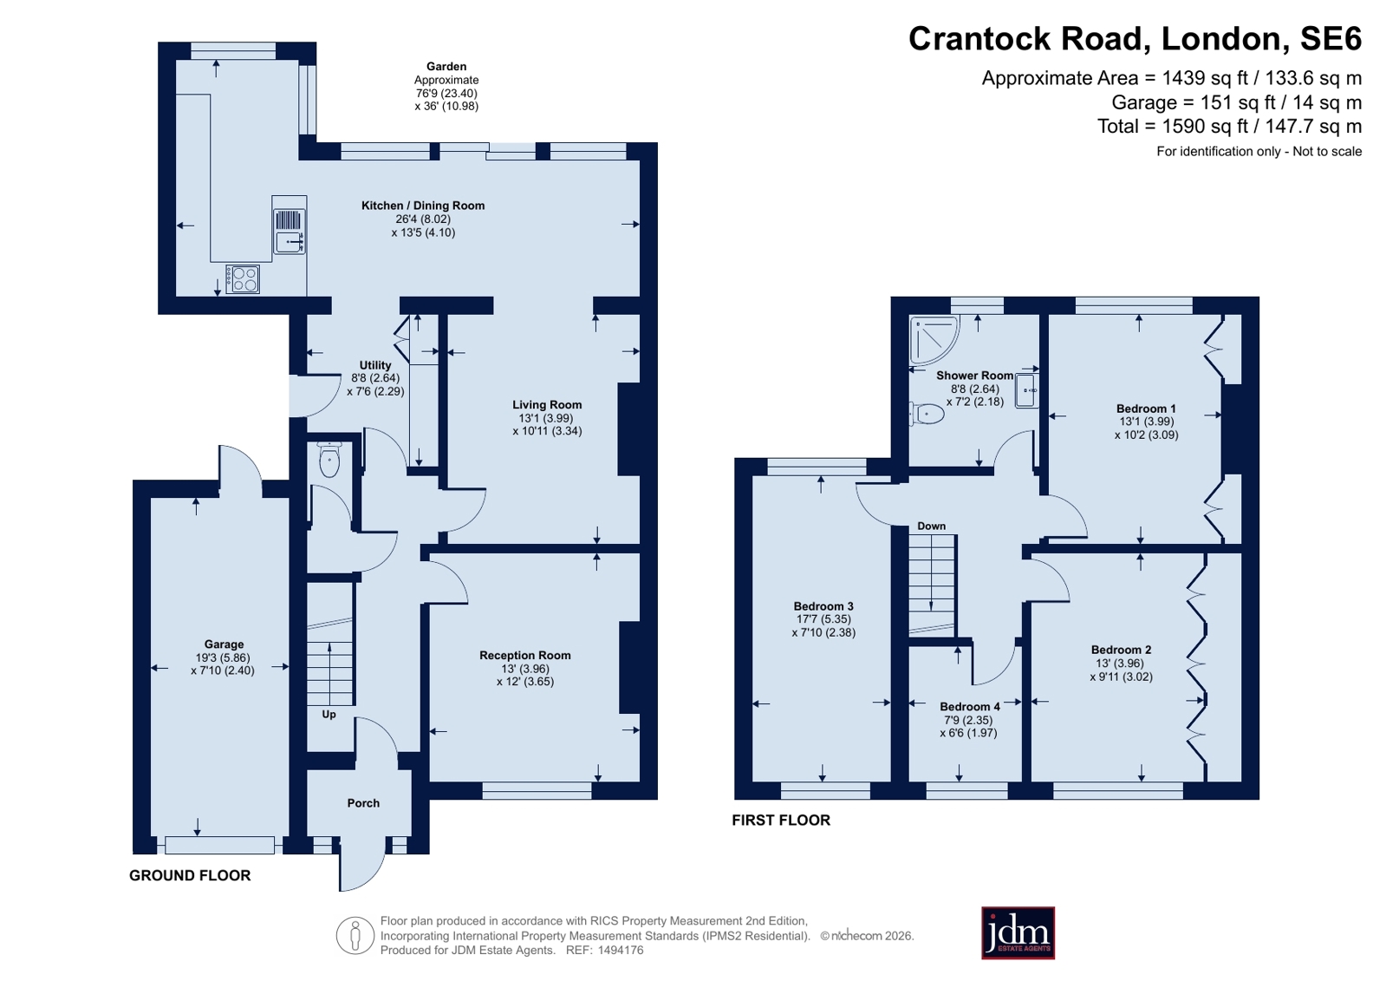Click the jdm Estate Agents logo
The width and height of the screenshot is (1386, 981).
click(x=1018, y=932)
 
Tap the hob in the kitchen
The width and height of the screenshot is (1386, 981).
click(x=243, y=279)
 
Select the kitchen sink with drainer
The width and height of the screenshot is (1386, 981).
click(x=290, y=231)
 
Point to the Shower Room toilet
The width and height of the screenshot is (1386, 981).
click(x=927, y=414)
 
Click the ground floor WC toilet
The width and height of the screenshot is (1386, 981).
click(x=329, y=459)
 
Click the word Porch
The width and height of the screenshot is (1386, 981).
click(x=363, y=803)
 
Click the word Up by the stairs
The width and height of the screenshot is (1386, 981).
click(x=329, y=715)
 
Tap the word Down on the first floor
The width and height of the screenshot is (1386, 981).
click(x=931, y=526)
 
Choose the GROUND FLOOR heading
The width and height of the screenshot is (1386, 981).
click(x=190, y=876)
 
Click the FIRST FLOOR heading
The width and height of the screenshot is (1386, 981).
click(x=781, y=820)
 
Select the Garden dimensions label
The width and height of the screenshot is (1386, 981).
click(x=446, y=86)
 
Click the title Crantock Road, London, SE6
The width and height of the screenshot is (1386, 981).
click(x=1135, y=39)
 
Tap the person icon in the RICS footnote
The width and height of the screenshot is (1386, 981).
click(x=355, y=935)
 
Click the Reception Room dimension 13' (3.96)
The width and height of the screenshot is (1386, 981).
click(x=525, y=668)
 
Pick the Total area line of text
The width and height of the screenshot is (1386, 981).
click(x=1229, y=127)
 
